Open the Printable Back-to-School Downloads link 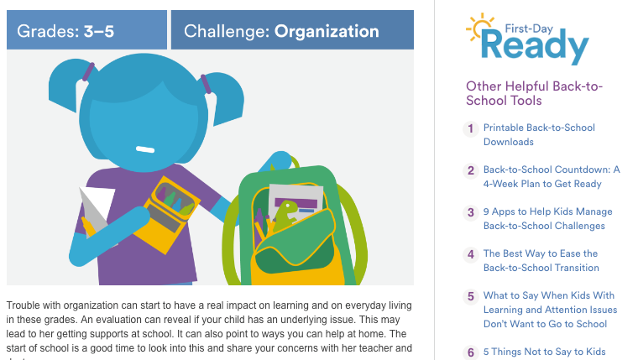(539, 134)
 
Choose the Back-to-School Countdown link (551, 176)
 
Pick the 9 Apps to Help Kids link (547, 218)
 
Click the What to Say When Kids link (549, 309)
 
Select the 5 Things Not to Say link (544, 352)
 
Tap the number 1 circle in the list (471, 128)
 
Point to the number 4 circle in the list (471, 254)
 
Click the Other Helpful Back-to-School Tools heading (534, 93)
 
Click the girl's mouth (145, 149)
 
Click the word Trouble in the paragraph (24, 305)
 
